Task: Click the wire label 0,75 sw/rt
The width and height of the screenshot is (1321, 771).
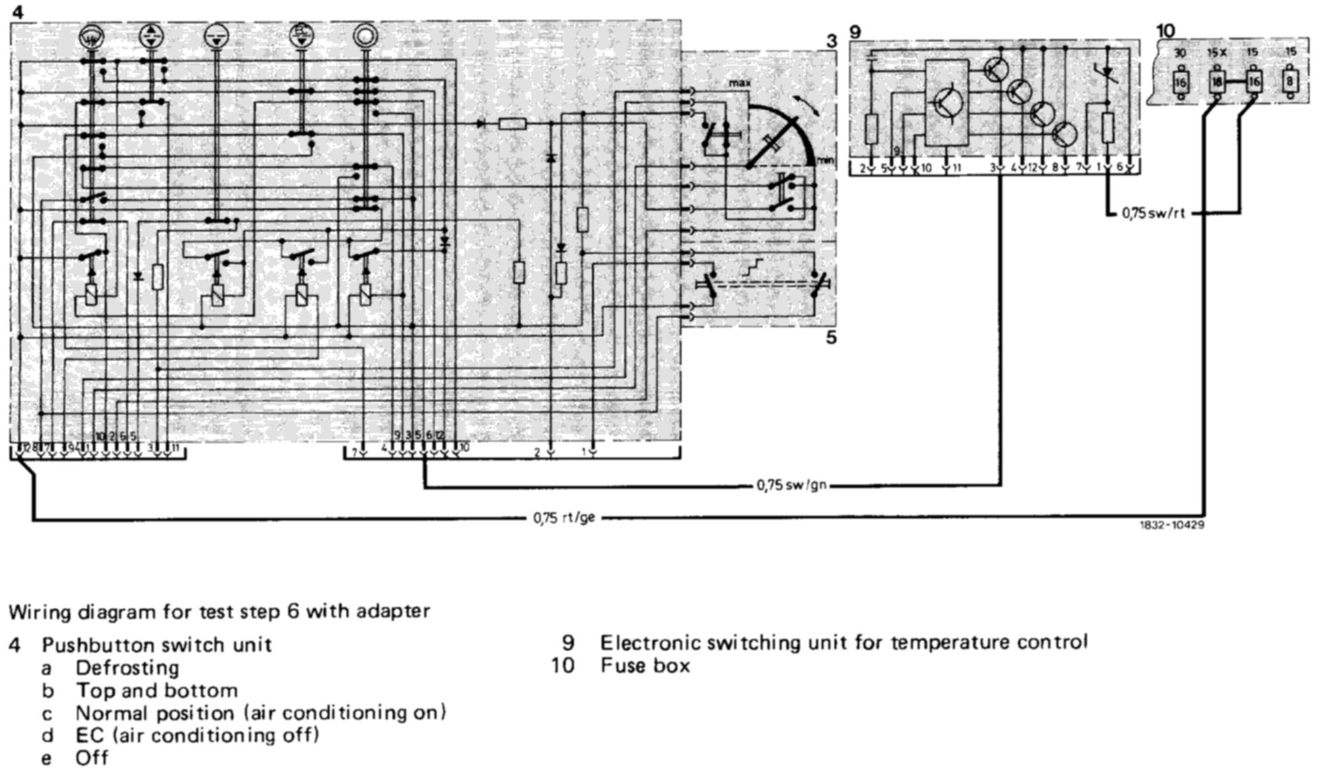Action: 1153,213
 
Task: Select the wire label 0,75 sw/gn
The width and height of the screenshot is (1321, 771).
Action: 791,485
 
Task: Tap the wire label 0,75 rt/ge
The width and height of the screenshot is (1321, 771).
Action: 564,518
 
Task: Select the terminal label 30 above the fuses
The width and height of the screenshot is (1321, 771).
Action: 1180,53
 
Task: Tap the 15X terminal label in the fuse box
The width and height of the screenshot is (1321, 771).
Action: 1217,53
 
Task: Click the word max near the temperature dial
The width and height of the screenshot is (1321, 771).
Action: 740,83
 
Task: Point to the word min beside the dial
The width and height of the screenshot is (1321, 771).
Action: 826,160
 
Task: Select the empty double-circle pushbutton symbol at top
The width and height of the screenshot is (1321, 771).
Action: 365,37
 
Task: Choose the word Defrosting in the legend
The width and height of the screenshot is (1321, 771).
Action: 127,667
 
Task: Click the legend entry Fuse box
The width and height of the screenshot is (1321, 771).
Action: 645,665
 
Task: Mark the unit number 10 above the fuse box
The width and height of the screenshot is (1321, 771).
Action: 1166,30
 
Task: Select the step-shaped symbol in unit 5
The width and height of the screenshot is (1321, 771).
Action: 753,266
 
